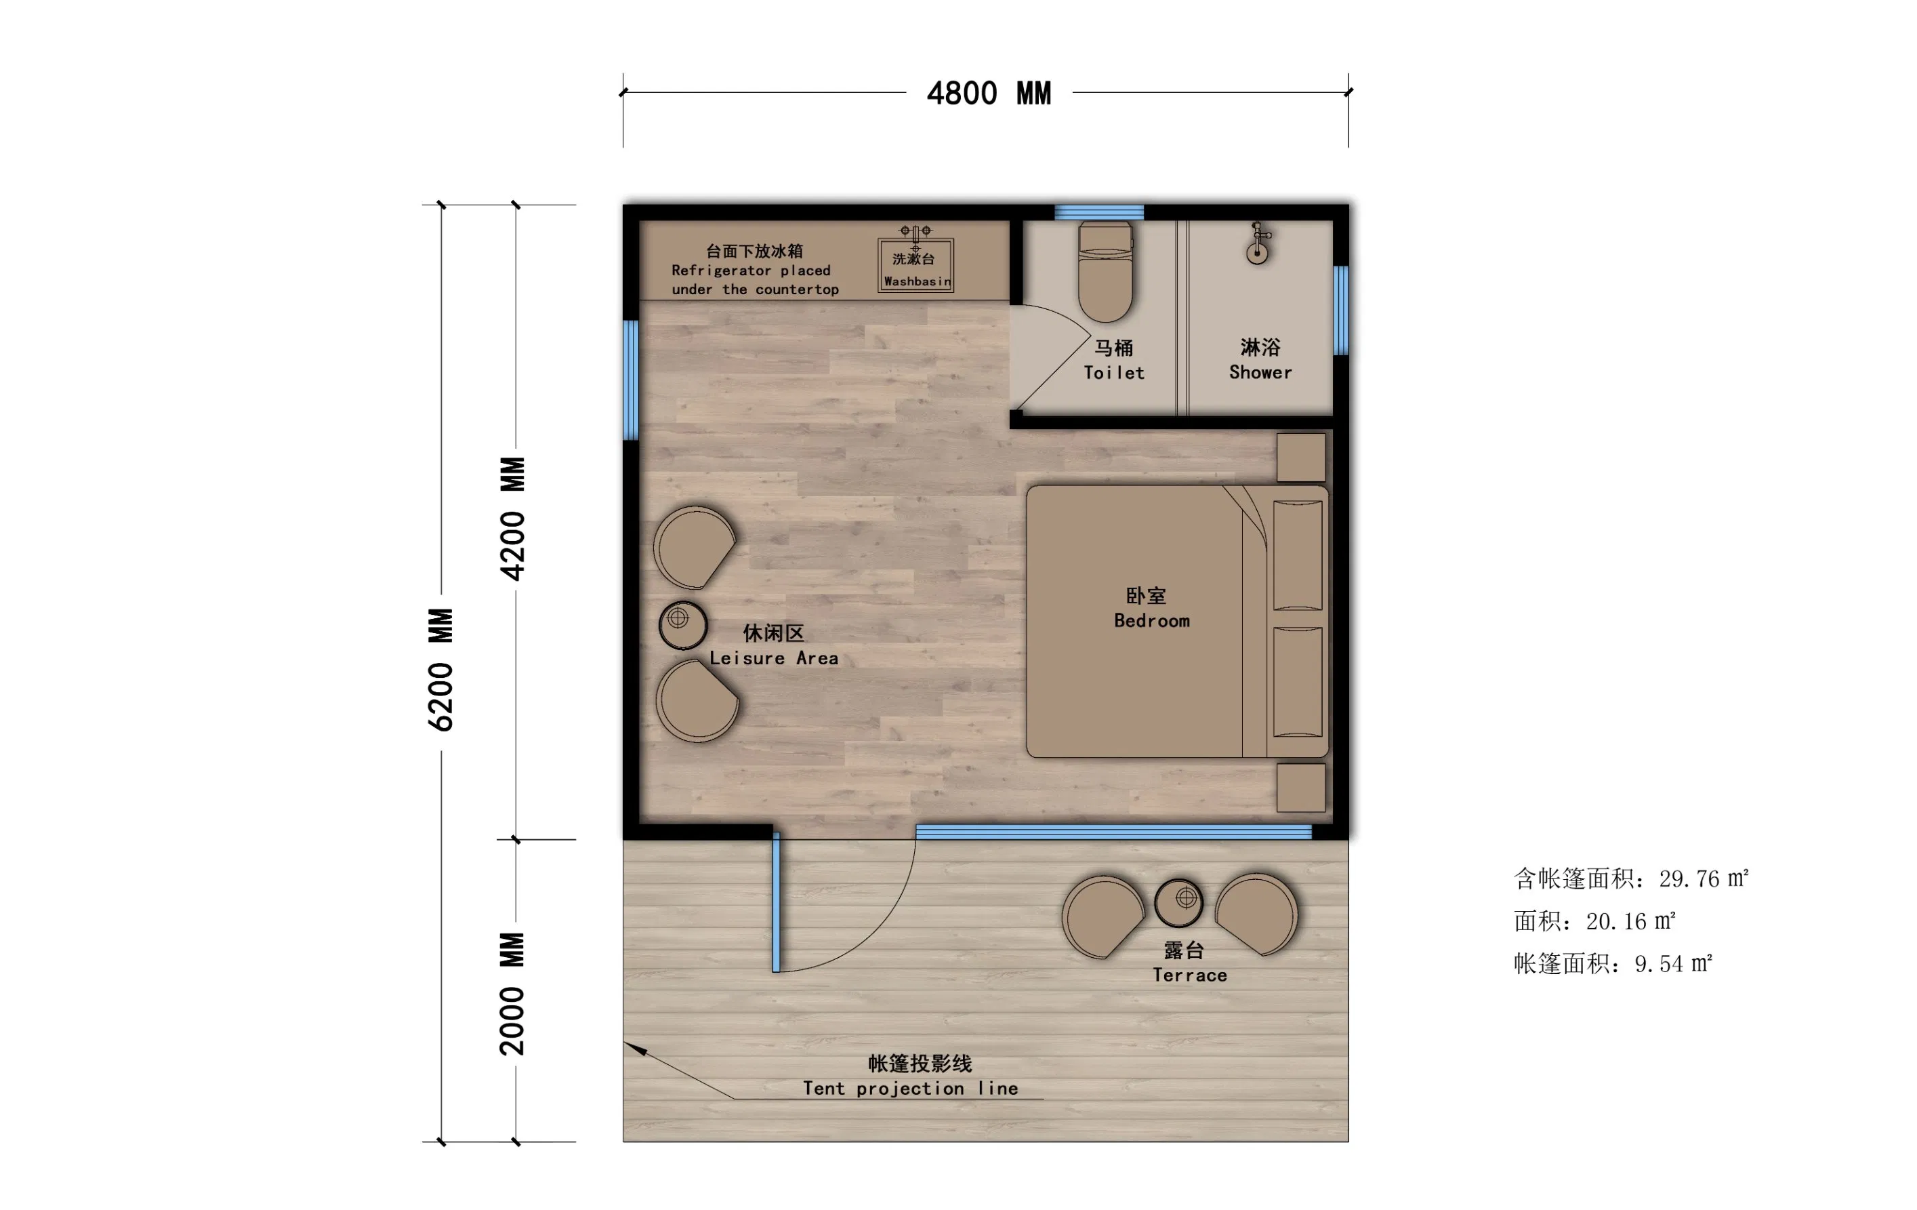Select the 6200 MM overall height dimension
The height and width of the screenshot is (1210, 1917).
point(441,670)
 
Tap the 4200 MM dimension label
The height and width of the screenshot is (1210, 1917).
point(513,519)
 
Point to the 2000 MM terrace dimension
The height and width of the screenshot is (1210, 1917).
point(513,994)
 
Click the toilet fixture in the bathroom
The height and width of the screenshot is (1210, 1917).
point(1105,272)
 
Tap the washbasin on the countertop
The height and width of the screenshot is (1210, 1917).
point(915,260)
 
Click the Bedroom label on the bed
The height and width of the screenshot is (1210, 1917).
point(1151,609)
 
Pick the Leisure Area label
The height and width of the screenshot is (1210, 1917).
point(774,646)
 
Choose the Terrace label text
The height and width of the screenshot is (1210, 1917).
point(1189,963)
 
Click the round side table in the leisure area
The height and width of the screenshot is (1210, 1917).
point(683,624)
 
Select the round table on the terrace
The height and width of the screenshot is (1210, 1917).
point(1179,902)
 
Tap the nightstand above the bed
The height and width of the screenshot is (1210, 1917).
point(1301,458)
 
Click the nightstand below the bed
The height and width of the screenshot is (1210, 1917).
point(1301,788)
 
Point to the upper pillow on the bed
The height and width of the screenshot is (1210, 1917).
point(1298,555)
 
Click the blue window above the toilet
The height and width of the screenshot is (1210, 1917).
point(1099,213)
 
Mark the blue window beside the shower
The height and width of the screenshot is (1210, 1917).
point(1342,310)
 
